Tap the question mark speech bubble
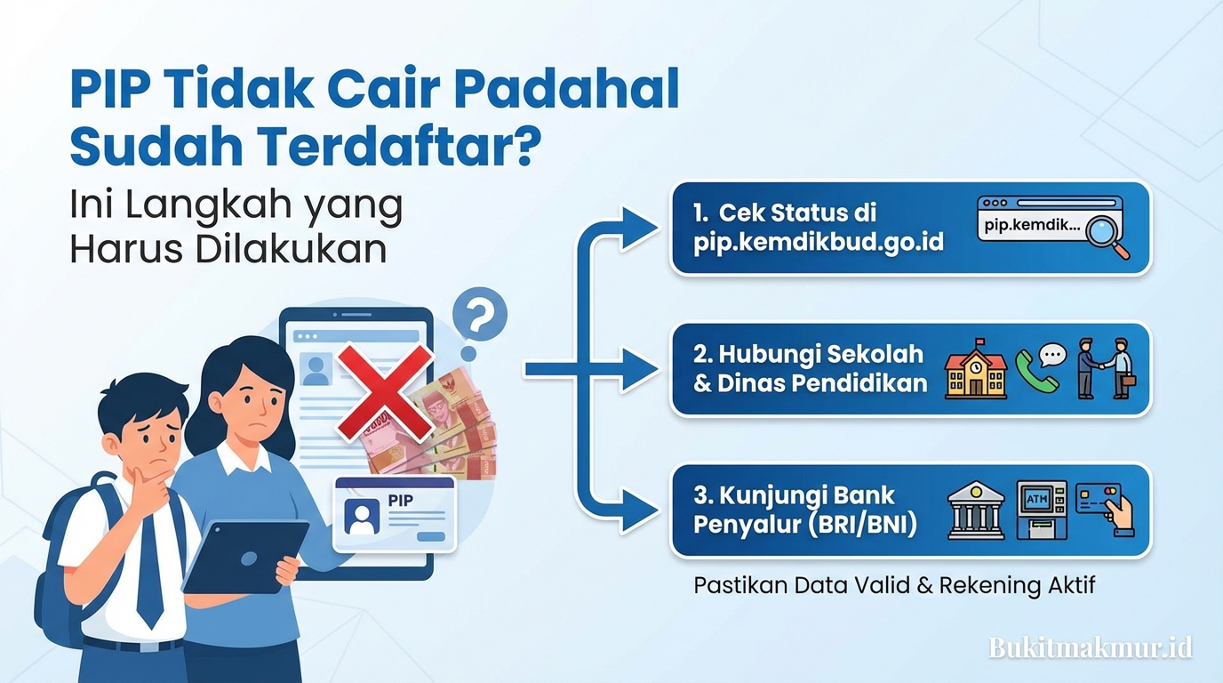(479, 316)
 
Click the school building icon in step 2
(975, 369)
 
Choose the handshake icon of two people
(1105, 368)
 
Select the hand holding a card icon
(1105, 509)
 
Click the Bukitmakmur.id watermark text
(1091, 647)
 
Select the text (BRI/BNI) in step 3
(864, 525)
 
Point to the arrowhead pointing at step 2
(642, 369)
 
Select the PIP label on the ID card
(401, 501)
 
